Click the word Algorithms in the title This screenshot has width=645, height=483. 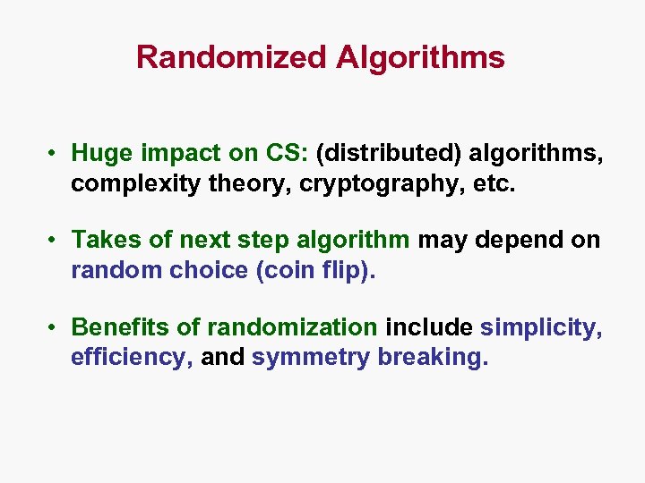click(420, 58)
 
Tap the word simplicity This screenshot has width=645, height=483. click(541, 328)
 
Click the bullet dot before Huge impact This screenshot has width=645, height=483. click(56, 154)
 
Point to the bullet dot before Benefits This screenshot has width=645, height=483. click(56, 328)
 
